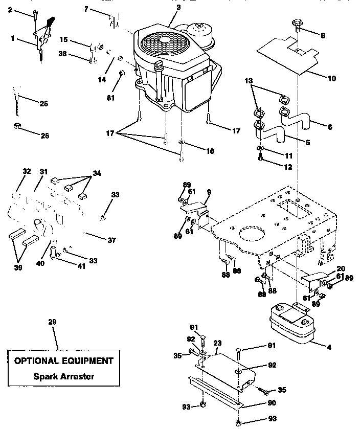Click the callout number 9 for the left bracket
[x=209, y=192]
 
